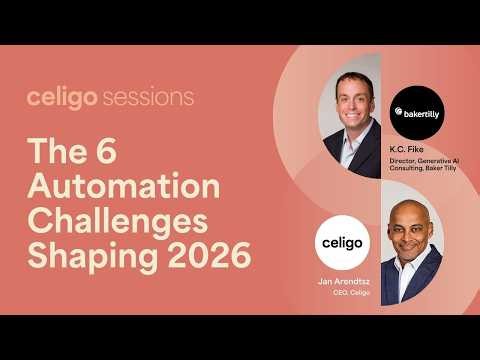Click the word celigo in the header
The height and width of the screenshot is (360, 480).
(62, 98)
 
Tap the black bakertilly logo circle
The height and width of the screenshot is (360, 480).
(414, 112)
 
